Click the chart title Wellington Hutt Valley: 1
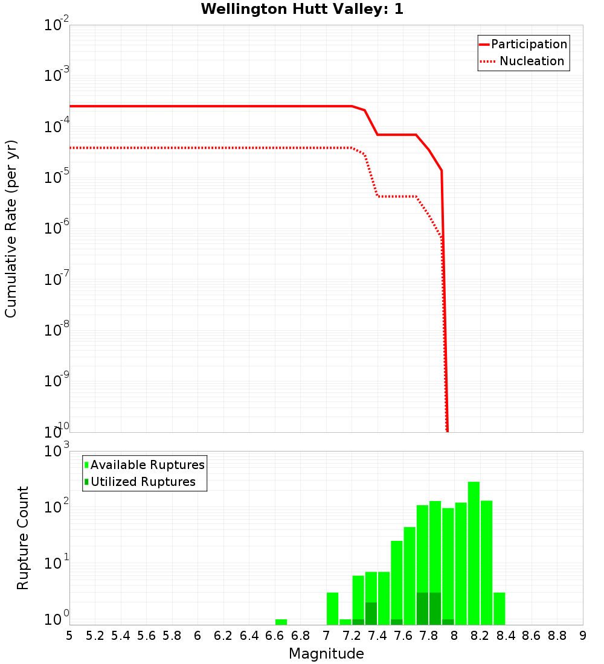(302, 9)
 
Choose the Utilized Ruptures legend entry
(143, 482)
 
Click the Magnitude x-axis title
(326, 654)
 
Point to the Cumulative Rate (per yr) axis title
(11, 228)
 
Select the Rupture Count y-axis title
(23, 537)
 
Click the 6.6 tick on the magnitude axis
(275, 636)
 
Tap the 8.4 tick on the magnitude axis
(506, 636)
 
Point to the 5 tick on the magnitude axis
(69, 636)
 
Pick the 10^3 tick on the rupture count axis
(57, 451)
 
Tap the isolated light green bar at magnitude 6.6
(281, 622)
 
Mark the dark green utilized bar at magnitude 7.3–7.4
(371, 613)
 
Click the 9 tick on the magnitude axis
(582, 636)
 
